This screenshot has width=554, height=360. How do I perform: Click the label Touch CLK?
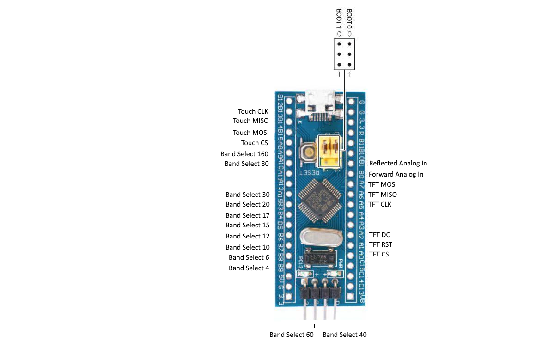click(253, 111)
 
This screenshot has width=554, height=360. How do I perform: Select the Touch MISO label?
click(250, 121)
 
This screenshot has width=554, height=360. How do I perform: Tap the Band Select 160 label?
click(244, 154)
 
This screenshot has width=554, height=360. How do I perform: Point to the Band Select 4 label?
click(249, 268)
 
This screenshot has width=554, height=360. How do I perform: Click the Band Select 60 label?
click(291, 335)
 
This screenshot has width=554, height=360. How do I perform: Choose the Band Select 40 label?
click(345, 335)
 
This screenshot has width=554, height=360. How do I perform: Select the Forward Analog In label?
click(396, 174)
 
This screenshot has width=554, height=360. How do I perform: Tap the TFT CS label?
click(379, 254)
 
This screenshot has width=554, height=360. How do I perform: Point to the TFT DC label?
click(379, 235)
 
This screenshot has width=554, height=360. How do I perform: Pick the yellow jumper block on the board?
click(329, 151)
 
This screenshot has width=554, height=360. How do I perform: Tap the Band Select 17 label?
click(247, 215)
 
